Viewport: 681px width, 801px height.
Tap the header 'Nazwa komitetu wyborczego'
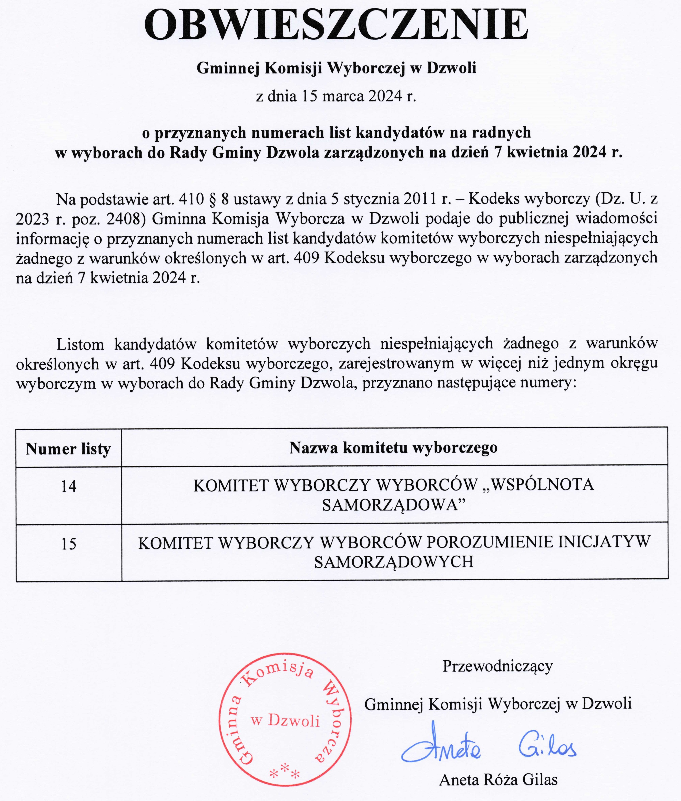393,447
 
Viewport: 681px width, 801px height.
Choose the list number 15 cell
69,544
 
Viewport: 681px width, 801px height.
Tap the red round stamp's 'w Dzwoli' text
286,721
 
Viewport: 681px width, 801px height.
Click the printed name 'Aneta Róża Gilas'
498,780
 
